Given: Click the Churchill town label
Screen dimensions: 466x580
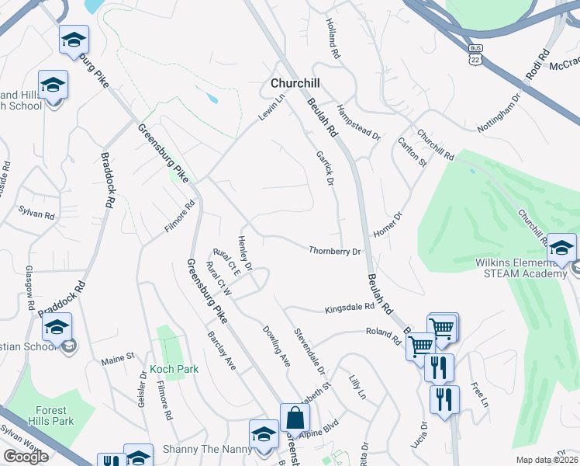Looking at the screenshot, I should click(x=295, y=83).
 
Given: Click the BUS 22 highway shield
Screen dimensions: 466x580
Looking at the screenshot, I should click(x=476, y=54).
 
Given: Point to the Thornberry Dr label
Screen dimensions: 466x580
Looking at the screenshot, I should click(x=335, y=252).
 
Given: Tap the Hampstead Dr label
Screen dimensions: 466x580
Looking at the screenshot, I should click(x=358, y=123).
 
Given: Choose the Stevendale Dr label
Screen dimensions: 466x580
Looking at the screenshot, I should click(x=309, y=352).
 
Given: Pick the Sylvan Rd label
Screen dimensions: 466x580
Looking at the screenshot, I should click(x=37, y=212).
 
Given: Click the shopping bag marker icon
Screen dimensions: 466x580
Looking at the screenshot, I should click(x=295, y=418).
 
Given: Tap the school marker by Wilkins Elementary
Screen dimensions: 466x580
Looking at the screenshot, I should click(x=562, y=247).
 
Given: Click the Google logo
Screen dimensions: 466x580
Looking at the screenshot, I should click(x=26, y=456).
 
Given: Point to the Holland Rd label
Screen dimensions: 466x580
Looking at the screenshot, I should click(x=333, y=41).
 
